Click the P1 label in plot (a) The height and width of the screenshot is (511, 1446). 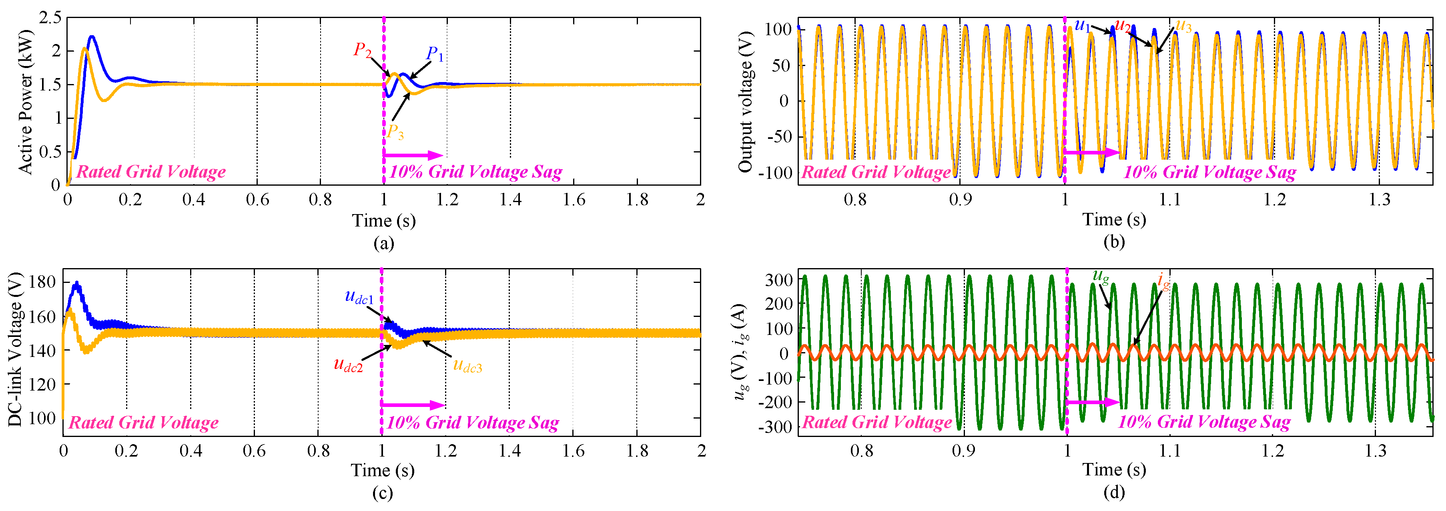point(435,54)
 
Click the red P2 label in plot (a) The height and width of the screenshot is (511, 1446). point(362,50)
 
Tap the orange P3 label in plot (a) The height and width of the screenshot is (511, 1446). point(395,132)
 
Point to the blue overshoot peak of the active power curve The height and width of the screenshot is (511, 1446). point(92,37)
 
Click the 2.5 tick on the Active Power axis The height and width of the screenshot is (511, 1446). point(50,18)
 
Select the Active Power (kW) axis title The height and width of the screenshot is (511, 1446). point(25,101)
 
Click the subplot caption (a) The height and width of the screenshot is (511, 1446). point(383,243)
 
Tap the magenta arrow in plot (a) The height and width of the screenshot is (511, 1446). point(413,155)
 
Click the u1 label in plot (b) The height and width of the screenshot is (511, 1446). point(1082,25)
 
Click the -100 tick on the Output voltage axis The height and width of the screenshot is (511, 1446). point(775,173)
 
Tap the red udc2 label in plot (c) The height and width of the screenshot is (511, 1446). point(348,365)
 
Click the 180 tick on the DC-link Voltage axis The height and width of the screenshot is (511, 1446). point(43,281)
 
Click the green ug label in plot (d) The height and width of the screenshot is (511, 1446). point(1100,276)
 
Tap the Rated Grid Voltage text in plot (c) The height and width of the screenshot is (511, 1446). point(143,422)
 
